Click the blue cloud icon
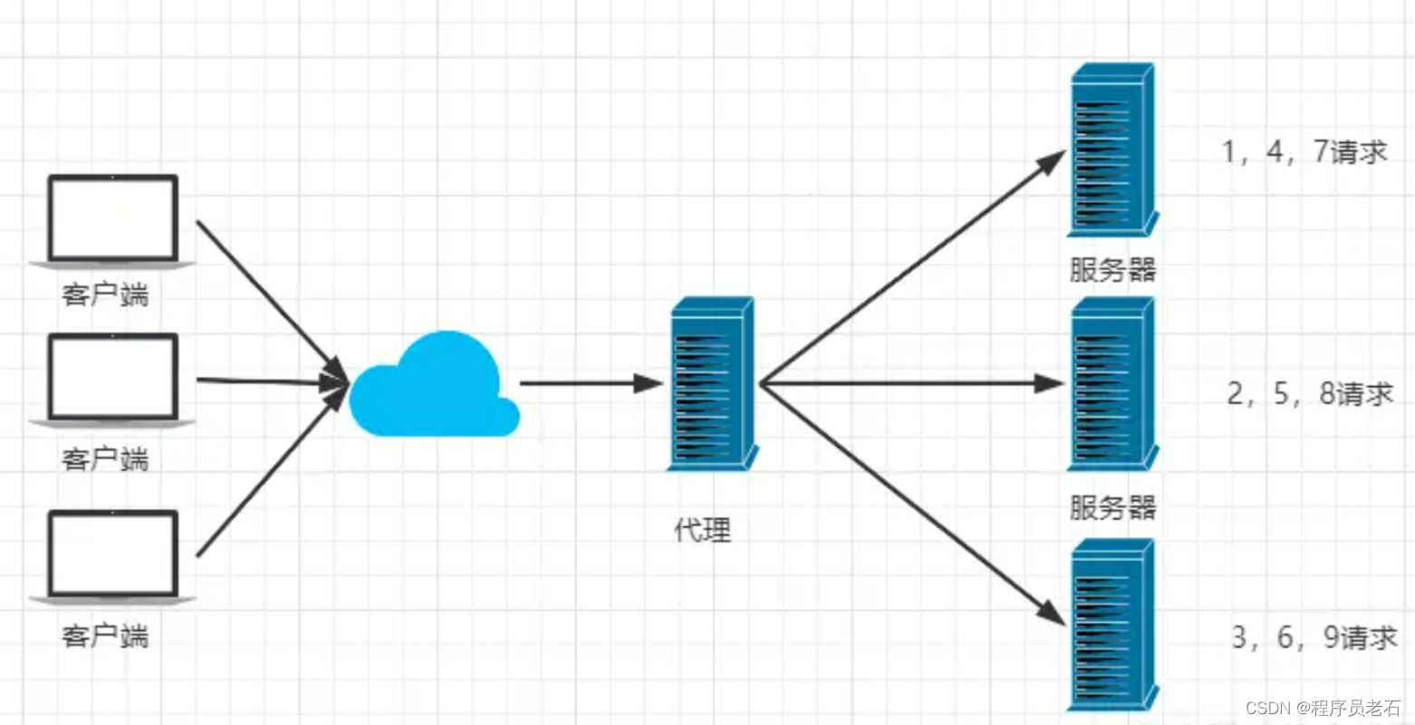[x=433, y=388]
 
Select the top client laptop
[x=112, y=220]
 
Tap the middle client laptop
[x=112, y=378]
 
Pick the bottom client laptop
[x=112, y=555]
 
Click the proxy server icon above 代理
[x=711, y=383]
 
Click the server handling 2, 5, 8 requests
[x=1112, y=383]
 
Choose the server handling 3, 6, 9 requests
[x=1112, y=625]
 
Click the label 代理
[x=702, y=529]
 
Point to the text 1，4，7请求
[x=1304, y=152]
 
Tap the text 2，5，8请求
[x=1310, y=393]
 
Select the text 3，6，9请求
[x=1314, y=637]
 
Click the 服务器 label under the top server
[x=1112, y=269]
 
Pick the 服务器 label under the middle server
[x=1112, y=507]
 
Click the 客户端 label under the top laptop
[x=105, y=295]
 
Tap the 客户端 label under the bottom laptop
[x=105, y=635]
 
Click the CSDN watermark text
[x=1323, y=708]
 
